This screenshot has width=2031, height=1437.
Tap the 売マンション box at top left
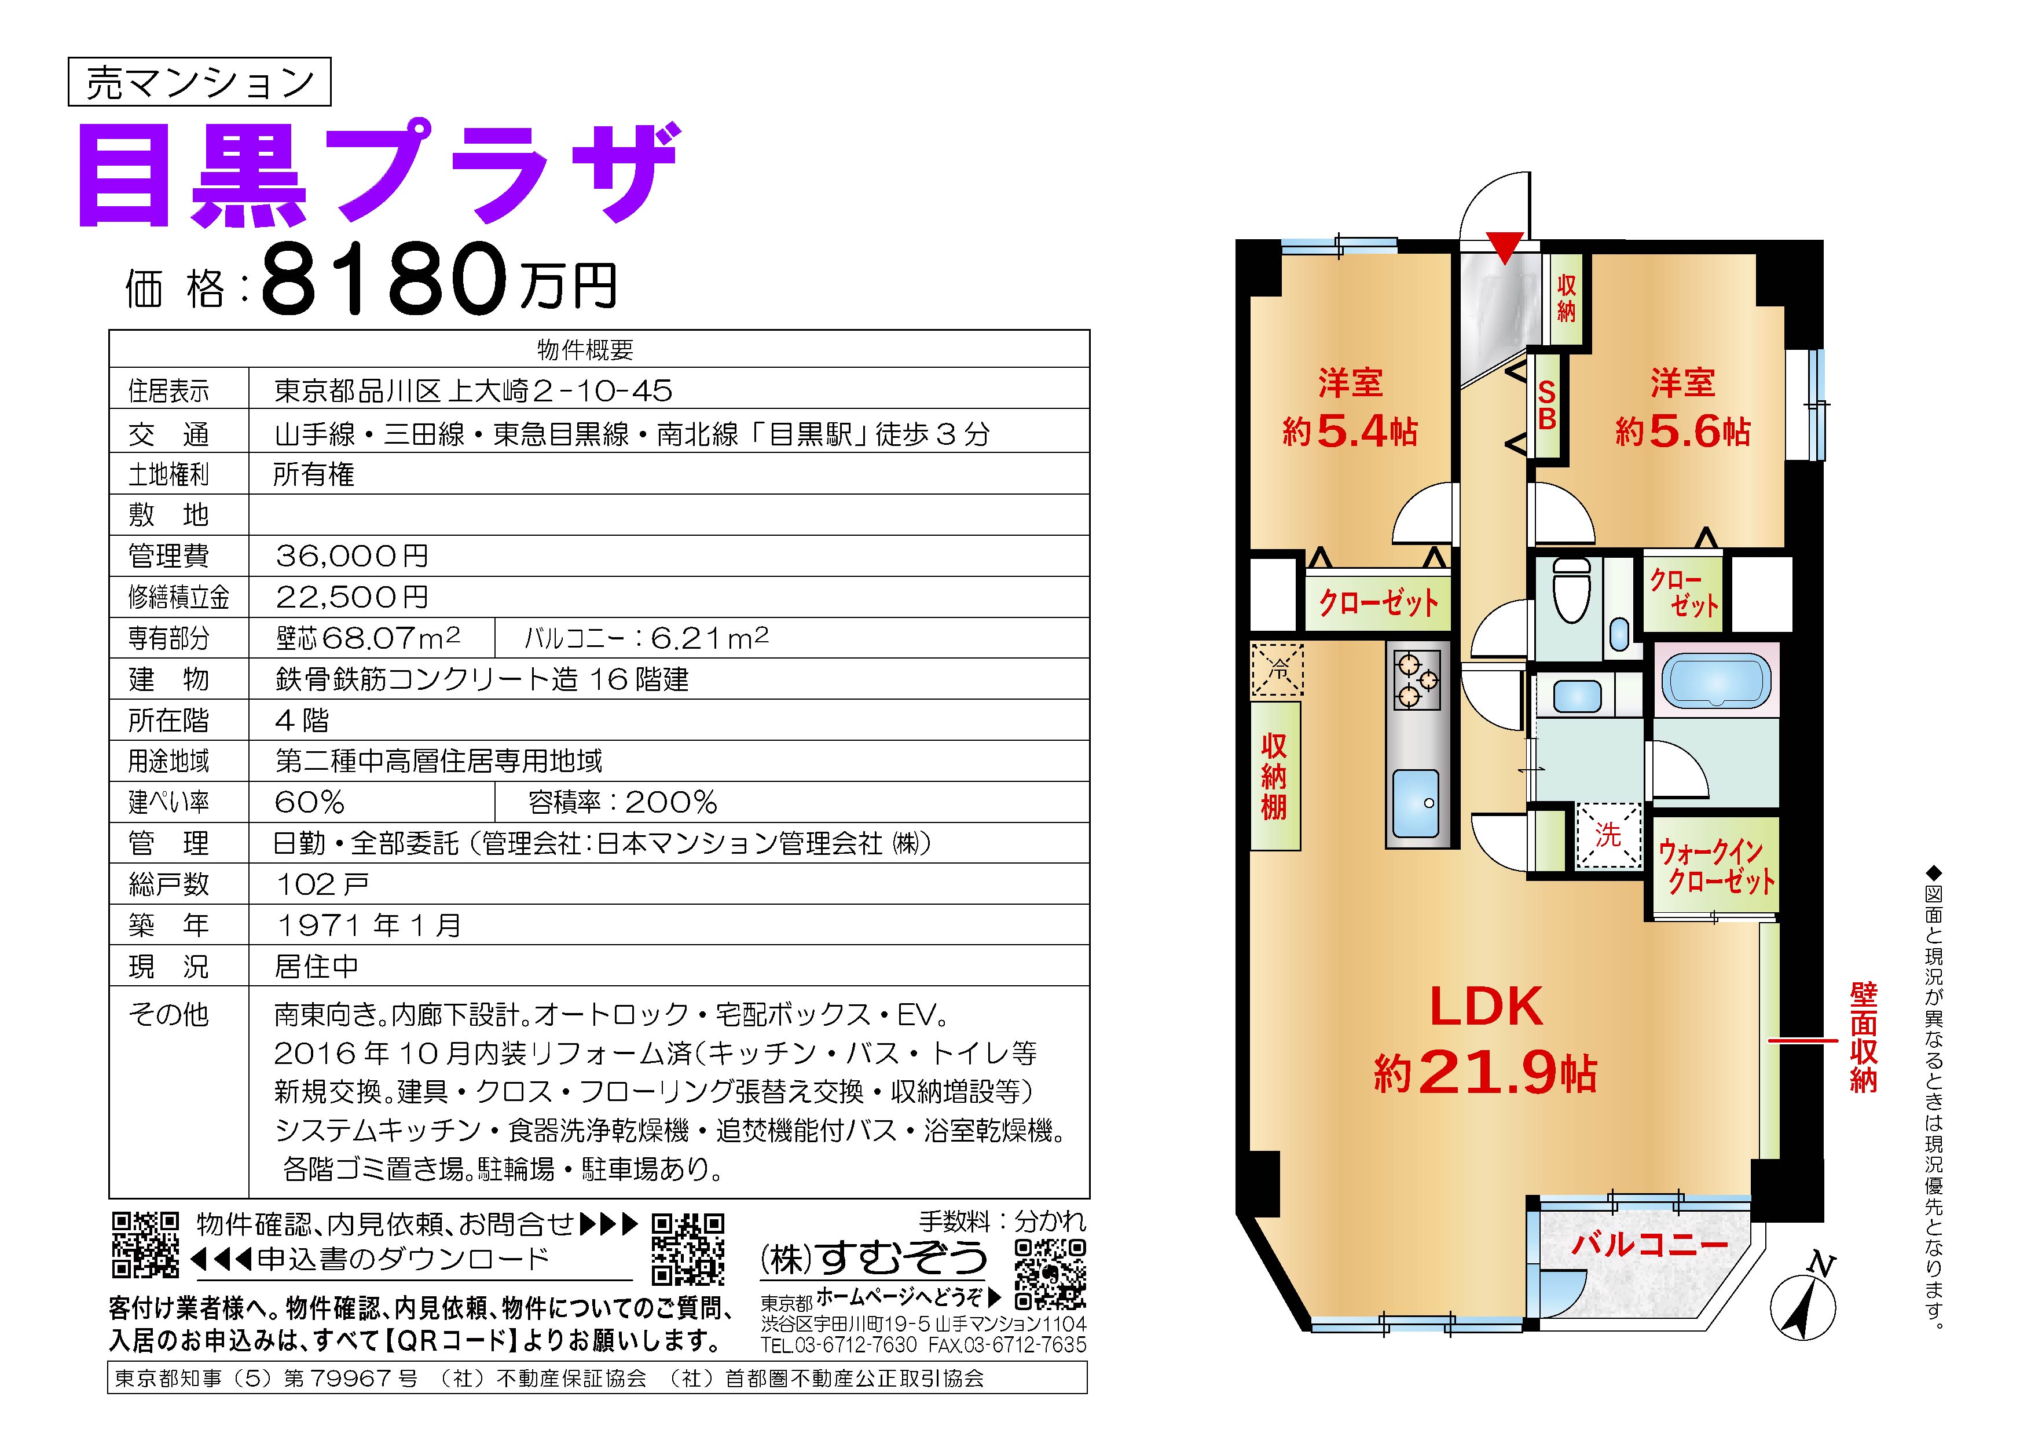click(x=199, y=82)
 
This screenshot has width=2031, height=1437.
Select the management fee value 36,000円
click(x=352, y=555)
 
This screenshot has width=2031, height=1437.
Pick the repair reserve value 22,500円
click(x=352, y=597)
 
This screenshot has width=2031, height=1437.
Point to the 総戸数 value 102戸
click(x=322, y=884)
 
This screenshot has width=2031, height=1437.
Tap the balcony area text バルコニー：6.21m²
click(x=647, y=638)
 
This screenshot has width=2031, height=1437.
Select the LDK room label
click(x=1486, y=1006)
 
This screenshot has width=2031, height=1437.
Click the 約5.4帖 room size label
click(x=1350, y=432)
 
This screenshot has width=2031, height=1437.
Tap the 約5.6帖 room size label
click(x=1682, y=432)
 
